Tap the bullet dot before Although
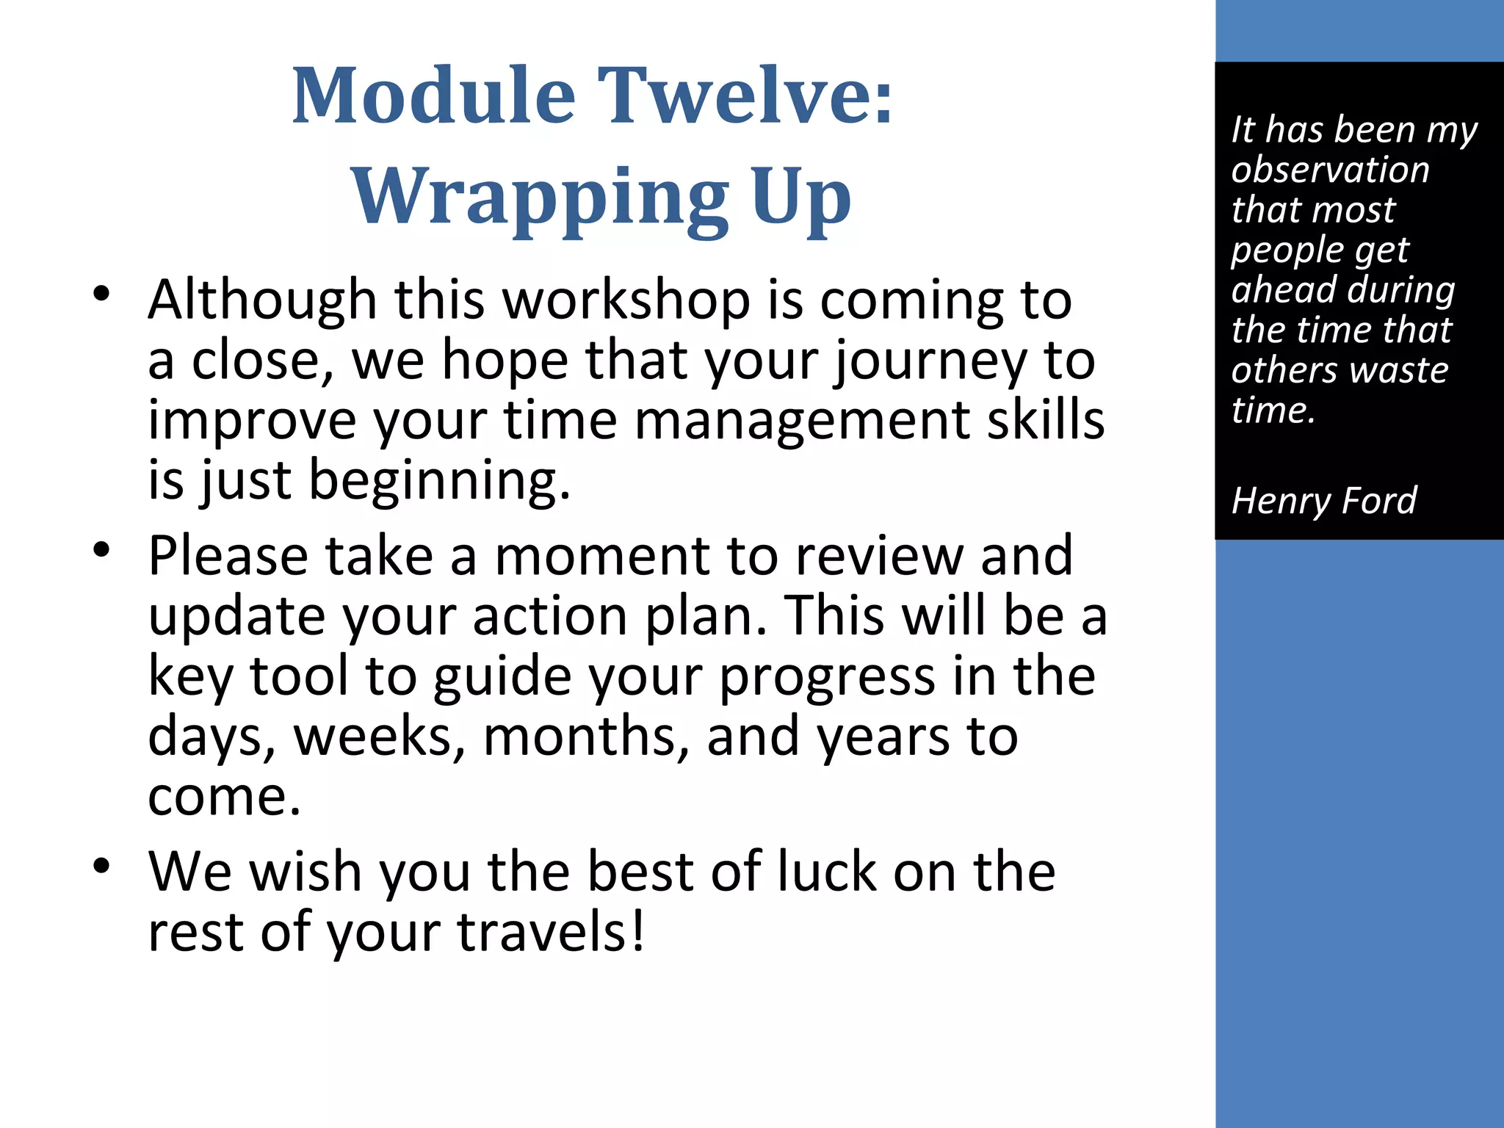point(101,294)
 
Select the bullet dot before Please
point(101,550)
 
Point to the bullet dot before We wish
point(101,866)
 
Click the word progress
point(826,676)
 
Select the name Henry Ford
point(1323,502)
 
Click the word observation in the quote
point(1330,170)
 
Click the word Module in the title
point(433,95)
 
